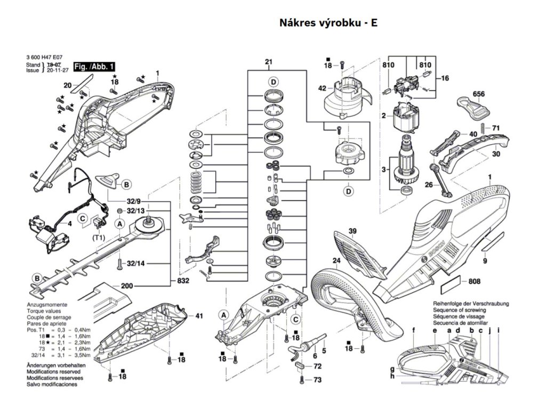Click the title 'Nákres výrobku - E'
pyautogui.click(x=328, y=23)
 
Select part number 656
pyautogui.click(x=478, y=94)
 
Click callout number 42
pyautogui.click(x=322, y=88)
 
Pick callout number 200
pyautogui.click(x=126, y=286)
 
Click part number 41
pyautogui.click(x=199, y=316)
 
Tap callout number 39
pyautogui.click(x=352, y=231)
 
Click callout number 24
pyautogui.click(x=336, y=260)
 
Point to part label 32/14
pyautogui.click(x=136, y=263)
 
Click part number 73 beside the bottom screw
pyautogui.click(x=317, y=380)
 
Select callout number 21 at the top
pyautogui.click(x=268, y=63)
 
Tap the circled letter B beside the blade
pyautogui.click(x=37, y=279)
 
